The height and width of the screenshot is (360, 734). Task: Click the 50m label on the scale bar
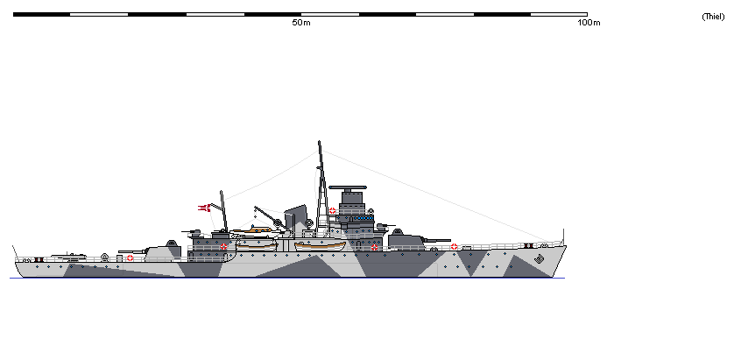click(x=300, y=22)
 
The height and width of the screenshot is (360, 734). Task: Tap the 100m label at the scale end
click(x=589, y=22)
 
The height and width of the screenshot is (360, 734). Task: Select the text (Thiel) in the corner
click(x=711, y=17)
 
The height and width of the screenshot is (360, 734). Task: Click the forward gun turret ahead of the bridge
click(x=406, y=238)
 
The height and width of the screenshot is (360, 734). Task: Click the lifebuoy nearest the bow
click(x=454, y=247)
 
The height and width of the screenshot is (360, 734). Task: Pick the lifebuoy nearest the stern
click(x=131, y=258)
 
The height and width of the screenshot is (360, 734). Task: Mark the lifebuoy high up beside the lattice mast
click(x=332, y=210)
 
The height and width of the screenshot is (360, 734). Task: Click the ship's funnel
click(x=294, y=218)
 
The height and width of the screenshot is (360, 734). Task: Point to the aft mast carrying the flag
click(x=224, y=209)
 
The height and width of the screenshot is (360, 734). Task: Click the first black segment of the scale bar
click(x=41, y=14)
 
